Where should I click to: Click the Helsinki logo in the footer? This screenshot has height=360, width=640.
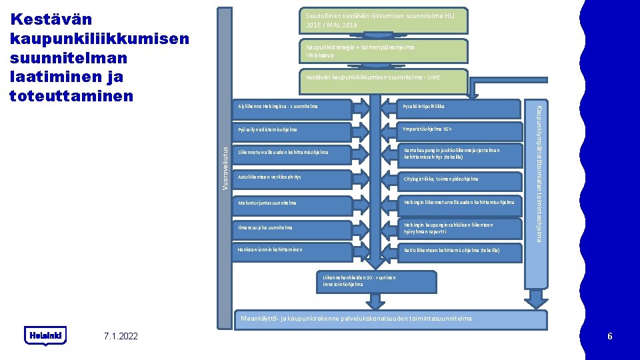[46, 335]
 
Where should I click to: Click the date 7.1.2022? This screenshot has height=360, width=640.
[121, 336]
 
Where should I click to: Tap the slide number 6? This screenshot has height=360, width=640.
[609, 336]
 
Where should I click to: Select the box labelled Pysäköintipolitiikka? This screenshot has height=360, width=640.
[460, 107]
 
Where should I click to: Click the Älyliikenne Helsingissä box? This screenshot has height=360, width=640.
[293, 107]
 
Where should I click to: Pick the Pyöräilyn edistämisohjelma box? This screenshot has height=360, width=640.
[293, 129]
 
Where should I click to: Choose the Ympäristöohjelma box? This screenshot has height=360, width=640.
[460, 129]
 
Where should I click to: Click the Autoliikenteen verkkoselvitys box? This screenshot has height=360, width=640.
[293, 177]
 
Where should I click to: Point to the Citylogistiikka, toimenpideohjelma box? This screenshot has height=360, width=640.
[460, 179]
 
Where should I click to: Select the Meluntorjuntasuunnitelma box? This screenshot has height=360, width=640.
[293, 203]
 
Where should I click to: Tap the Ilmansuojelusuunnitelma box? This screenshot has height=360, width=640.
[293, 227]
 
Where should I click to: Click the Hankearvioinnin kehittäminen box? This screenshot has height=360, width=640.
[293, 250]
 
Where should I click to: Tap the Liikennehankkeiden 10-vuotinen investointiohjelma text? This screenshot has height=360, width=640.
[359, 281]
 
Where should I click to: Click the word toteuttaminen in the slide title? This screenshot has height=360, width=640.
[72, 96]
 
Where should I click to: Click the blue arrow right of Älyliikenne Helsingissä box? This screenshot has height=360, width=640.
[362, 107]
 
